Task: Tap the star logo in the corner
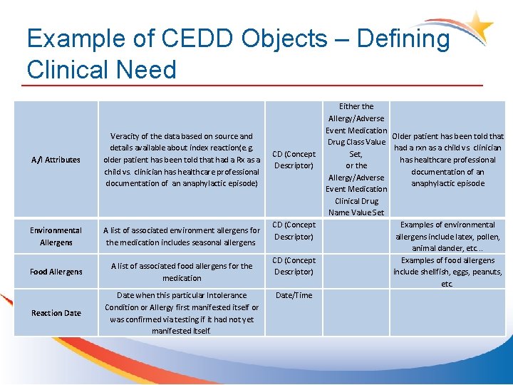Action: click(478, 27)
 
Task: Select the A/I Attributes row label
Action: click(56, 160)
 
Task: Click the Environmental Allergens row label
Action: click(56, 236)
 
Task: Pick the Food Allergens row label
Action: click(56, 272)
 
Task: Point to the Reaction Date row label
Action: click(56, 313)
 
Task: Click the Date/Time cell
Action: click(294, 295)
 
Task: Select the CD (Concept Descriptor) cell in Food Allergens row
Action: click(294, 266)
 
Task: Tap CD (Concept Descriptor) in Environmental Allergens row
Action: click(294, 230)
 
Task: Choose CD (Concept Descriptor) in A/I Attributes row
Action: click(294, 160)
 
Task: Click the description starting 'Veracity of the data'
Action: click(182, 160)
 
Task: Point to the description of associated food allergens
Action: click(182, 272)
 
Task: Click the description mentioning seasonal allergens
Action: click(182, 236)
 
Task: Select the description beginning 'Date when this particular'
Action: click(182, 313)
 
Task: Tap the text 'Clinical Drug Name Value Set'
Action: click(356, 207)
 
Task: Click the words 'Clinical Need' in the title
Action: click(101, 70)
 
